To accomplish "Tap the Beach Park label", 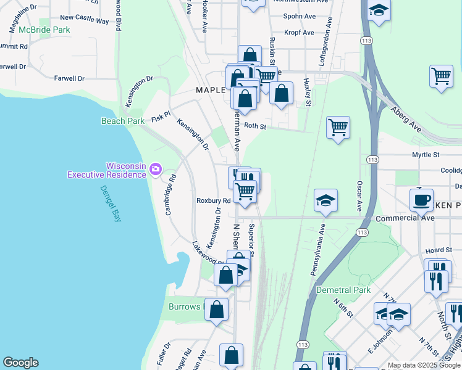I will click(x=123, y=121).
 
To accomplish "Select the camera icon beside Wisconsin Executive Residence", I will click(x=155, y=168).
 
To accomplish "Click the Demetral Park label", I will click(x=343, y=290).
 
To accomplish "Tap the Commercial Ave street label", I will click(x=405, y=218).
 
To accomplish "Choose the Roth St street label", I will click(x=254, y=126).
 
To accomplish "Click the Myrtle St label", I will click(x=426, y=155).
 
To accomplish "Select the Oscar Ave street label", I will click(x=359, y=195).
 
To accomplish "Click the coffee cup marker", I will click(x=422, y=200).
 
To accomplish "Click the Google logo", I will click(x=20, y=363).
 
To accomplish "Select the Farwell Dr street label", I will click(x=69, y=78).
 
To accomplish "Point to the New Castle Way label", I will click(x=84, y=20).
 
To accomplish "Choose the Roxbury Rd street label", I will click(x=213, y=200).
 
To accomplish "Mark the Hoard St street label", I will click(x=435, y=250).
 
